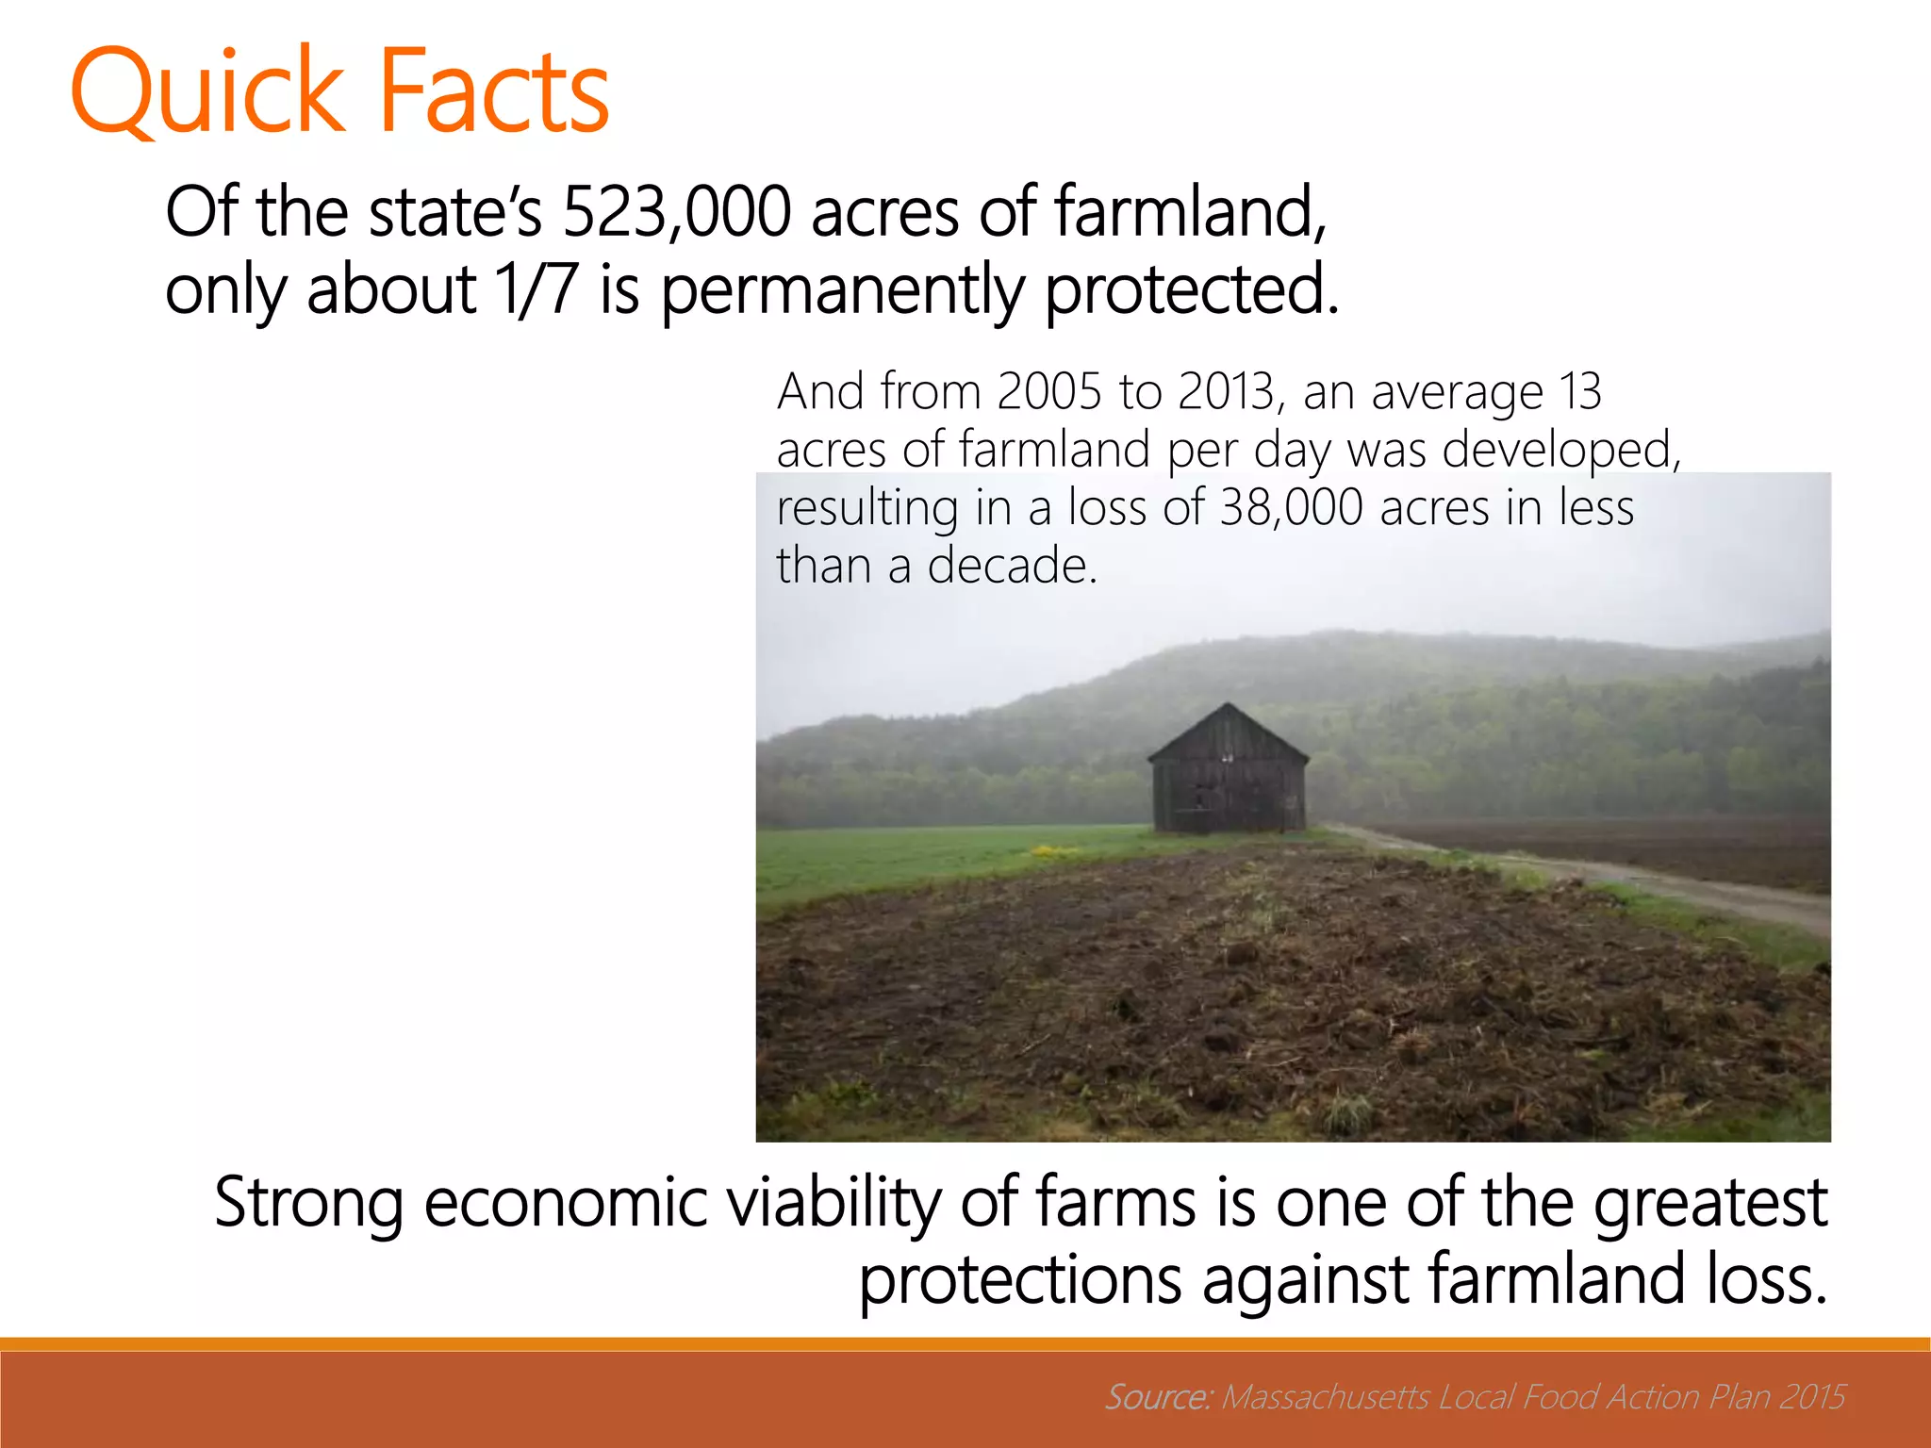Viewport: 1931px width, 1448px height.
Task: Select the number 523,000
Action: click(676, 212)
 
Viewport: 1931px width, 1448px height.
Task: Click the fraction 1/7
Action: click(536, 289)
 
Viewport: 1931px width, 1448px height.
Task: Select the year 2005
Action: click(1048, 391)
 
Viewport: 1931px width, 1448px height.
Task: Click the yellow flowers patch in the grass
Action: click(1053, 853)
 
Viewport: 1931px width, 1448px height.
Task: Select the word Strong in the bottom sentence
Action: click(309, 1204)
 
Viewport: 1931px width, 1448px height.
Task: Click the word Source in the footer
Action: click(1156, 1396)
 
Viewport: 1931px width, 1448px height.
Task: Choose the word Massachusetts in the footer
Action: click(1326, 1396)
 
